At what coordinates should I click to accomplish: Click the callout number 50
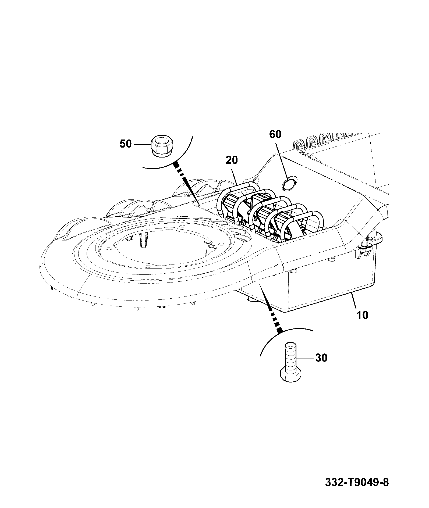126,144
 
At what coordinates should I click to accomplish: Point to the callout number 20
232,160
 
